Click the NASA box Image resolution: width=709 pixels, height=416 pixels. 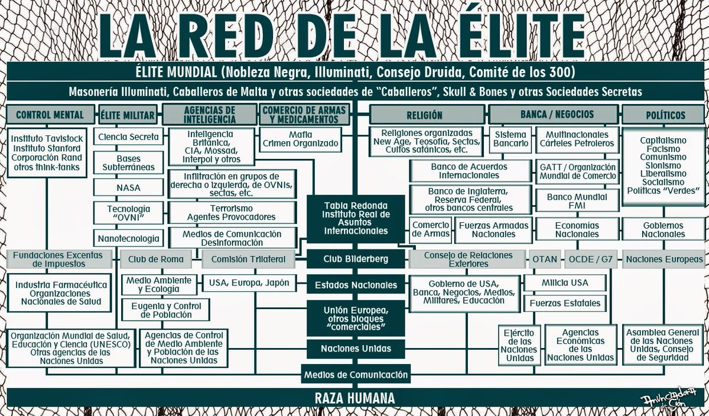coord(129,188)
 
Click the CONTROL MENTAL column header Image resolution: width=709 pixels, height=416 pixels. coord(50,115)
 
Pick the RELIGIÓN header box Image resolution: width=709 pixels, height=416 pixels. coord(428,115)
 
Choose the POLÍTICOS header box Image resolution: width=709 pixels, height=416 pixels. coord(662,115)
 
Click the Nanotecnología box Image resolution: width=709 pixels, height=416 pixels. coord(129,239)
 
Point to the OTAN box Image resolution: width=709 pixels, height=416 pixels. coord(544,259)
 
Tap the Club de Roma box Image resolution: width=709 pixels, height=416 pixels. coord(156,259)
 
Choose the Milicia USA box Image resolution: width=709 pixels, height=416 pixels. coord(564,283)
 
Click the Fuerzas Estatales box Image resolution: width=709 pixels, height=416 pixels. coord(564,303)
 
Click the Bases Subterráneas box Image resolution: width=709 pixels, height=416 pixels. coord(129,162)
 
